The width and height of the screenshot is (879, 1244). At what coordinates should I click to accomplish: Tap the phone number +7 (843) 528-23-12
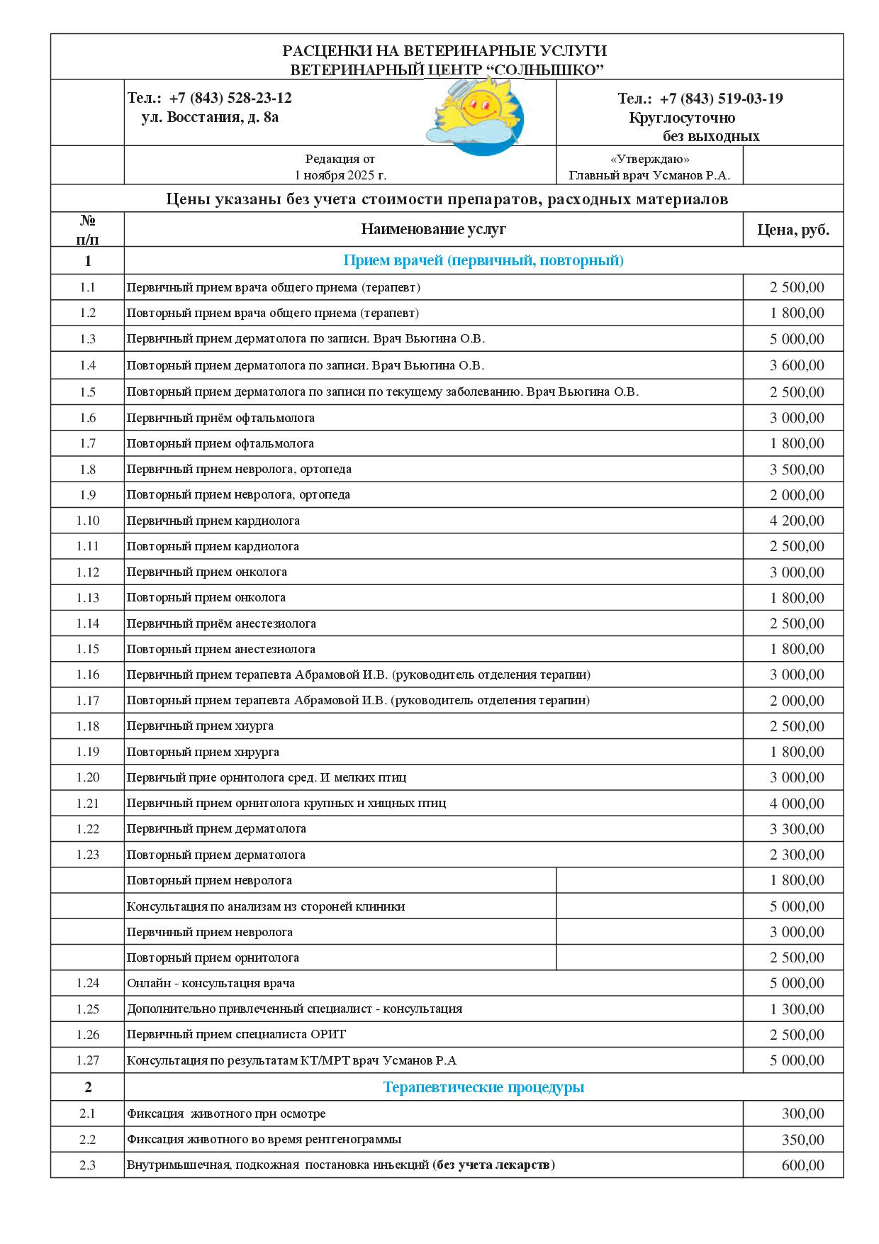click(x=230, y=98)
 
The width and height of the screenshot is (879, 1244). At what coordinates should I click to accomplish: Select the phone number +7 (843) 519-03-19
click(x=721, y=99)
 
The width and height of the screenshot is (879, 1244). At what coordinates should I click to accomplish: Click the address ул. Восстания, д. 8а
click(x=210, y=117)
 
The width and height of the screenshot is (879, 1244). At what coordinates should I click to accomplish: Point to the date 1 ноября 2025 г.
click(x=340, y=175)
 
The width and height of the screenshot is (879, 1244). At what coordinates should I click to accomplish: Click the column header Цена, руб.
click(x=793, y=230)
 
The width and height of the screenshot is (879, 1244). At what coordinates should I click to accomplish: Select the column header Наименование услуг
click(x=433, y=229)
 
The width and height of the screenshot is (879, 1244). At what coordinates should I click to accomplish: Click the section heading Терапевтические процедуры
click(x=483, y=1087)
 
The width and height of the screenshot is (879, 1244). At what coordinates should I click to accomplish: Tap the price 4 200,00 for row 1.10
click(x=797, y=521)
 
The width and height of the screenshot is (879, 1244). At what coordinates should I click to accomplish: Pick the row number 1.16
click(x=88, y=674)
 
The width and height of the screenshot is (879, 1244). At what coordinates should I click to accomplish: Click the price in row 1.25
click(x=797, y=1009)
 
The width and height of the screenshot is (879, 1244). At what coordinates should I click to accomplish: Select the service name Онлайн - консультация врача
click(x=211, y=983)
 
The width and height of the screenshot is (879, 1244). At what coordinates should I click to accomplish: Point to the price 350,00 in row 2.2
click(x=802, y=1140)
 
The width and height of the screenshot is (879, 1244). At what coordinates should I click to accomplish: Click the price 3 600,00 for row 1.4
click(x=797, y=365)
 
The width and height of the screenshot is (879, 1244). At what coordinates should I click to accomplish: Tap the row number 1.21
click(x=88, y=804)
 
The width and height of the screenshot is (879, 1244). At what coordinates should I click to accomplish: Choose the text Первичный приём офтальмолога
click(x=220, y=418)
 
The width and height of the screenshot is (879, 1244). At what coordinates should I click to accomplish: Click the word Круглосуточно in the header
click(x=682, y=118)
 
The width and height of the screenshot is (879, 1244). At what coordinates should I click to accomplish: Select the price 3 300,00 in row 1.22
click(x=797, y=829)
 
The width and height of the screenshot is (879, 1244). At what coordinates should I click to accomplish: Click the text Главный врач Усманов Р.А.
click(x=649, y=175)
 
